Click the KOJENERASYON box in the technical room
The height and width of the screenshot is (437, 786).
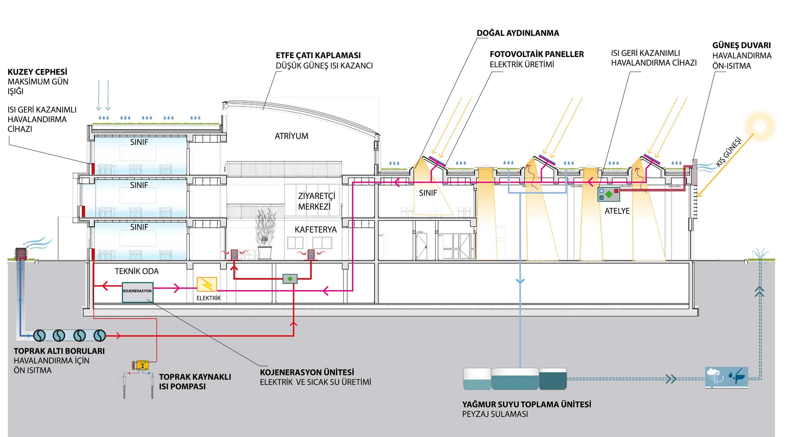(x=137, y=292)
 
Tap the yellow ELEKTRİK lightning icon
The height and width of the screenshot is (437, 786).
(x=207, y=285)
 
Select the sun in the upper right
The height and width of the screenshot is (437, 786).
(x=760, y=126)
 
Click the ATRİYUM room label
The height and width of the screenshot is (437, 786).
(x=291, y=136)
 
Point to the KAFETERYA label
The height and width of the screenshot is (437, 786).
(x=316, y=230)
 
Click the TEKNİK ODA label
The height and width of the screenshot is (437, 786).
(x=136, y=271)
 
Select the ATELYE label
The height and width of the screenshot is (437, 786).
(x=617, y=211)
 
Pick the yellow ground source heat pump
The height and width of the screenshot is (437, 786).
(x=142, y=365)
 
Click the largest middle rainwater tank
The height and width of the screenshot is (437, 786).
(x=515, y=379)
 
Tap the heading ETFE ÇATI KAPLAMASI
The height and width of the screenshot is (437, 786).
(x=318, y=55)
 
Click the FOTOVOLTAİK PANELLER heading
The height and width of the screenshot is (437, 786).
(x=536, y=54)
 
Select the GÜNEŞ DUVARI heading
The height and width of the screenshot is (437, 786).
(x=741, y=45)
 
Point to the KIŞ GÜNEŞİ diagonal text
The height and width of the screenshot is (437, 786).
(x=729, y=152)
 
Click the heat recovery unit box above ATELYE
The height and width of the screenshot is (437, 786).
(x=608, y=194)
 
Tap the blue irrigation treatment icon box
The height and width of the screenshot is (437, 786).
(x=727, y=377)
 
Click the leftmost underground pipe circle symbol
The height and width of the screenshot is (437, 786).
(x=40, y=335)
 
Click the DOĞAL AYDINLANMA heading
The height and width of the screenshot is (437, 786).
(x=518, y=33)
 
